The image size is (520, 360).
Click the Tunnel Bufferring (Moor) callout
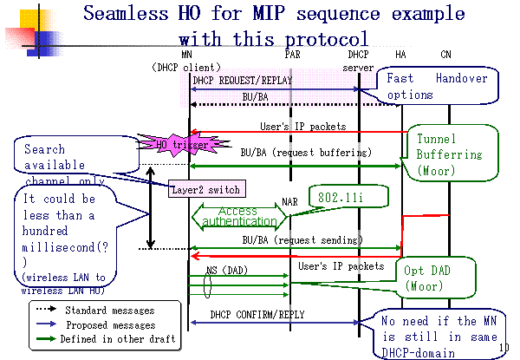point(449,154)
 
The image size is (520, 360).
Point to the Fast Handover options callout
point(437,86)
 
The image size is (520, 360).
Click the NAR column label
point(290,202)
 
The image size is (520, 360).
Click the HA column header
point(400,54)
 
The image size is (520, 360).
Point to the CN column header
point(446,54)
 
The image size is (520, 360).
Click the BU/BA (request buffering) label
point(289,152)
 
